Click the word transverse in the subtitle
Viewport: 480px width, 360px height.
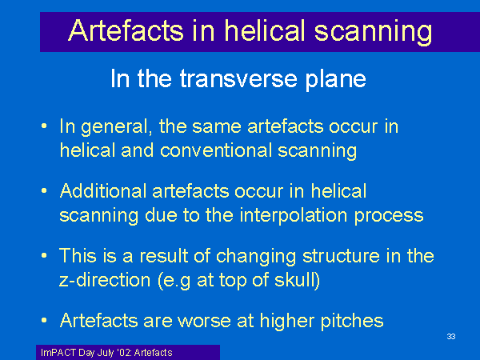(x=238, y=78)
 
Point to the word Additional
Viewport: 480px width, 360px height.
(x=103, y=191)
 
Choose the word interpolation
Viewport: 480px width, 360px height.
(x=294, y=215)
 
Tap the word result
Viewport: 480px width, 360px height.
(x=164, y=256)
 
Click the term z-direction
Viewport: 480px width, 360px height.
(x=105, y=280)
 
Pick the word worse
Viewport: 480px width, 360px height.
(x=204, y=321)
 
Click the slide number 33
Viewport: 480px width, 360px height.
(x=451, y=337)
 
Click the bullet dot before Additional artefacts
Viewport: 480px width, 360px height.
(x=44, y=191)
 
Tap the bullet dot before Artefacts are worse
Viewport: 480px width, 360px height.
(x=44, y=321)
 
